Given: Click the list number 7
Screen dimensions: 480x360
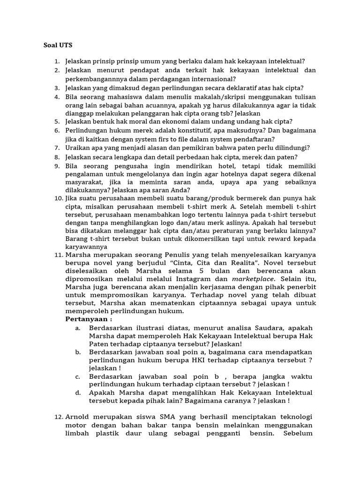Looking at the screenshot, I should (56, 148).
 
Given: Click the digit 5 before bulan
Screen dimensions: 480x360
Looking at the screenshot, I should (201, 271).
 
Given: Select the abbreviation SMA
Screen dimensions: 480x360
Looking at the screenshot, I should (153, 417).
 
